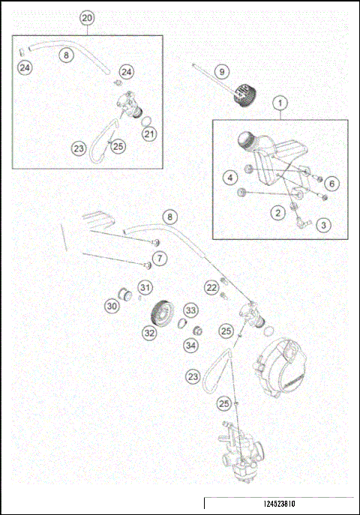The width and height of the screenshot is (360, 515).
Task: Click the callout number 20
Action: point(87,17)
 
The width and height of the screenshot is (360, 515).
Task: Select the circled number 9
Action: point(220,71)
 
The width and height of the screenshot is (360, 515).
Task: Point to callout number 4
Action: point(231,178)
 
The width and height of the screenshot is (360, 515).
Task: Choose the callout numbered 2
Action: point(278,214)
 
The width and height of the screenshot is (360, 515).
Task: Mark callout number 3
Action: point(323,224)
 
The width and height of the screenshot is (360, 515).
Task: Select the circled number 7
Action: point(163,259)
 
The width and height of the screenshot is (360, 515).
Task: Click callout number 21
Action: point(149,134)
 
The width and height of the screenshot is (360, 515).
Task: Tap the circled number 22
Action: point(211,287)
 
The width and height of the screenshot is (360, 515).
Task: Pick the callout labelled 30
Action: point(112,306)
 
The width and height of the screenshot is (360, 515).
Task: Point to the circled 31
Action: point(145,287)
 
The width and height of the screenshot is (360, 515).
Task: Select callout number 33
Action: point(190,310)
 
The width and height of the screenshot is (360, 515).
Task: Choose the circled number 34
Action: point(190,346)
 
